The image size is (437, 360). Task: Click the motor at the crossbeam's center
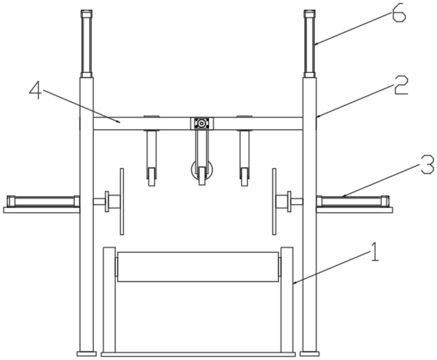coord(201,123)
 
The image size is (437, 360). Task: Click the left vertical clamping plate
coord(122,201)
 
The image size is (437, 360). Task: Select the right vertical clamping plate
coord(274,201)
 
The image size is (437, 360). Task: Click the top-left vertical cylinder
coord(86,44)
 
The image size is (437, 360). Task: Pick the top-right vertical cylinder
coord(309,44)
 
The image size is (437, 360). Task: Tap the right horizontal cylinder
coord(353,201)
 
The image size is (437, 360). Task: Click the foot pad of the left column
coord(87,354)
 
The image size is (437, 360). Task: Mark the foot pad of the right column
coord(309,354)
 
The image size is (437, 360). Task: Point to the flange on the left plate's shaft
coord(107,201)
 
